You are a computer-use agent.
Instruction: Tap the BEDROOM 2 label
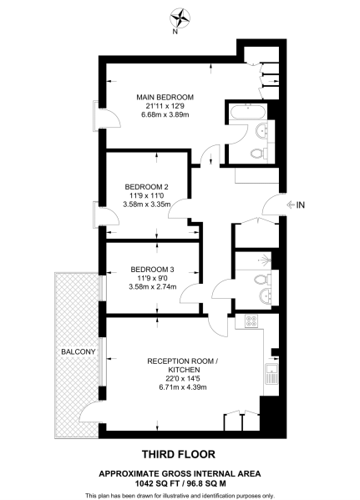pyautogui.click(x=147, y=186)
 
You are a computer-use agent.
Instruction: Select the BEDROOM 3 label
pyautogui.click(x=152, y=269)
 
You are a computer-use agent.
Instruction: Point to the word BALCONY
pyautogui.click(x=77, y=352)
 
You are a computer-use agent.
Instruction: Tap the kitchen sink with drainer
pyautogui.click(x=271, y=375)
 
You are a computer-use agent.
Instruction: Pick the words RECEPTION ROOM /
pyautogui.click(x=181, y=361)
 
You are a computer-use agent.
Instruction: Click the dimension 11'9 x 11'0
pyautogui.click(x=147, y=194)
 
